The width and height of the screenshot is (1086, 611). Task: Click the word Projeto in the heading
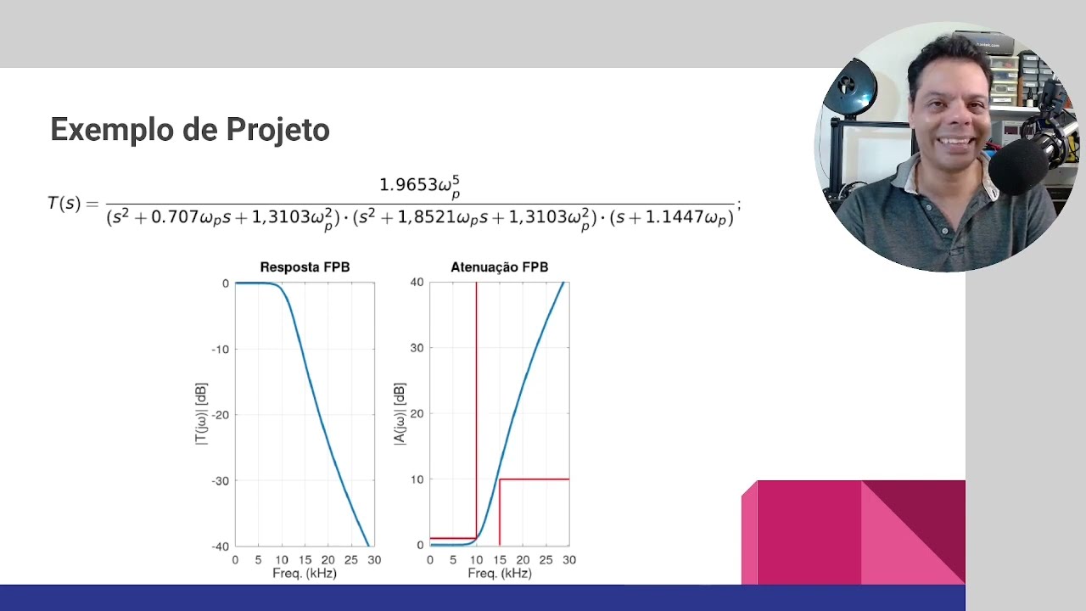(x=277, y=130)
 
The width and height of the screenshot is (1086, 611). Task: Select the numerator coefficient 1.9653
(x=408, y=185)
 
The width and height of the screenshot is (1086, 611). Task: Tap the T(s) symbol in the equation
(x=64, y=203)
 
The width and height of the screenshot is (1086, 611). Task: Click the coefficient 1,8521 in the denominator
(x=427, y=216)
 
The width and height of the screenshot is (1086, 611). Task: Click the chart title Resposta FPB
(x=305, y=267)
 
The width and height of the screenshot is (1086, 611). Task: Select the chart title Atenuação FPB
(x=500, y=267)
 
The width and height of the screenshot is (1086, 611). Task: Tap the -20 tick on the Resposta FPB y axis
(x=220, y=415)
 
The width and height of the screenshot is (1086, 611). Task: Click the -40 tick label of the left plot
(x=220, y=547)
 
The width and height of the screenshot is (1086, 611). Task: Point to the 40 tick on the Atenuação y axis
(x=417, y=283)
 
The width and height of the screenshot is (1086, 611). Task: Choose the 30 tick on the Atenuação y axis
(x=417, y=348)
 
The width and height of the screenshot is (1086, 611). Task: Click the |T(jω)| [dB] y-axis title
(x=201, y=413)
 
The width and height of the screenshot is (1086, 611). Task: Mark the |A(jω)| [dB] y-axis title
(x=400, y=413)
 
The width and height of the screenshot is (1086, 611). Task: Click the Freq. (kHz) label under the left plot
(x=305, y=574)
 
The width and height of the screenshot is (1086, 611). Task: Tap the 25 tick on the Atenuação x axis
(x=546, y=560)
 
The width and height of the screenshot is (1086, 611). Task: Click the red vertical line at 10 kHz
(x=477, y=410)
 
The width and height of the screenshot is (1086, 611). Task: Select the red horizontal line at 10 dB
(x=535, y=479)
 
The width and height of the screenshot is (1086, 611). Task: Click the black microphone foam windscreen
(x=1017, y=166)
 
